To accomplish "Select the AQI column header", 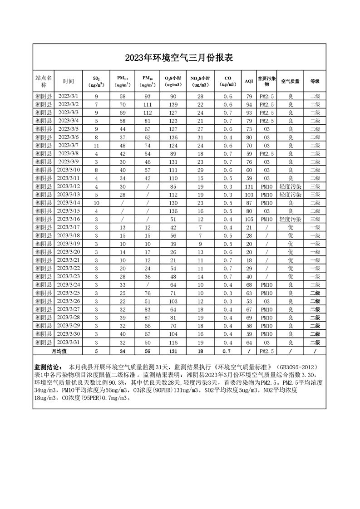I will coord(249,81).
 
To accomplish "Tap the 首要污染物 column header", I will coord(266,81).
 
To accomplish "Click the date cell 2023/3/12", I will coord(69,186).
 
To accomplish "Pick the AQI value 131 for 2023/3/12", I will coord(249,186).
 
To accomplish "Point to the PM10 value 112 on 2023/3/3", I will coord(147,113).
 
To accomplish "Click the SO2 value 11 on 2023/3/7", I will coord(96,145).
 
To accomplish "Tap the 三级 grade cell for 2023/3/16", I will coord(315,219).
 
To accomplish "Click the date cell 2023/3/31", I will coord(69,342).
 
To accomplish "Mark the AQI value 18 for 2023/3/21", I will coord(249,260).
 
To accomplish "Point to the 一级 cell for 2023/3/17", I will coord(315,227).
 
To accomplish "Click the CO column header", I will coord(228,81).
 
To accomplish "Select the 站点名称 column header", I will coord(44,81).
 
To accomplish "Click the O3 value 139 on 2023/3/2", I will coord(173,104).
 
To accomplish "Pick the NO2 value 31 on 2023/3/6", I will coord(200,137).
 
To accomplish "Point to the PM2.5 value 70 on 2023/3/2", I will coord(122,104).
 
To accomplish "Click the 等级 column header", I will coord(315,81).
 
